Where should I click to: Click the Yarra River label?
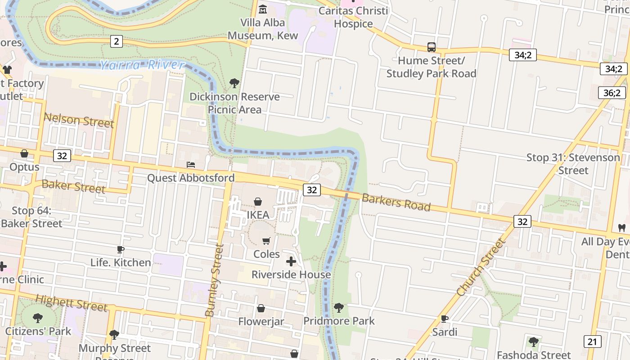142,65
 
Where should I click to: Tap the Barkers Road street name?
396,202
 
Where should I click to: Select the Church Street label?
481,267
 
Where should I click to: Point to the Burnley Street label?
214,280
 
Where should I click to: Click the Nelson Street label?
78,120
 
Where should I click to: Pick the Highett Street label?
71,303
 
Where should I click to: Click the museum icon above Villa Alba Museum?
263,9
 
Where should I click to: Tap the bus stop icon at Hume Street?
431,47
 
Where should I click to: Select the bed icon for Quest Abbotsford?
191,165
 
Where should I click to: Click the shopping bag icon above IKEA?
258,202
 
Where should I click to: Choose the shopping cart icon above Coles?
266,241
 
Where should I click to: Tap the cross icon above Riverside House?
291,261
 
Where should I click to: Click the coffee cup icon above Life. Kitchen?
120,249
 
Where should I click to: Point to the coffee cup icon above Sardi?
445,319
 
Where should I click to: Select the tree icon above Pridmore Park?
338,308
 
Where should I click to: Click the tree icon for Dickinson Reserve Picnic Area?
234,83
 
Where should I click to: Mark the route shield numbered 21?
592,341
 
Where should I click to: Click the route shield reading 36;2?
612,93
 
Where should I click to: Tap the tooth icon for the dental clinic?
622,228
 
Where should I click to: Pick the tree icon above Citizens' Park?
38,318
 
